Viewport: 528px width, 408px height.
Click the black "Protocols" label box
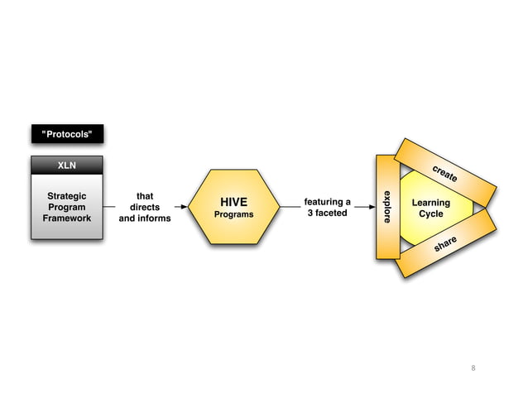coord(67,134)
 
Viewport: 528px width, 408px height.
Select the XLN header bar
coord(67,166)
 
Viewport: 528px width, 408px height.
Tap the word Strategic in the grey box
coord(66,196)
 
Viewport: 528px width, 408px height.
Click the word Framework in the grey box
coord(66,218)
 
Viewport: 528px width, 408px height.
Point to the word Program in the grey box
coord(66,207)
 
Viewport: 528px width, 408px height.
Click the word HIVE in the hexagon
coord(233,202)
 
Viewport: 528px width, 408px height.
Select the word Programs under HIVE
coord(233,214)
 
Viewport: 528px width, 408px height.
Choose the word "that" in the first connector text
coord(145,197)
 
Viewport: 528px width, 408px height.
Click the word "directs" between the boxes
coord(145,208)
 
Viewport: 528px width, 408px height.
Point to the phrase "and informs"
coord(145,218)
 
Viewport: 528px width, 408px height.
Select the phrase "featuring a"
coord(328,202)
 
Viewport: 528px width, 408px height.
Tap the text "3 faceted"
coord(328,214)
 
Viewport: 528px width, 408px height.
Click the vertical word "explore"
coord(386,206)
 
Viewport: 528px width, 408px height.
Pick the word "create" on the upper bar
coord(445,172)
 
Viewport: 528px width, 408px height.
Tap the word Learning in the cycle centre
coord(431,203)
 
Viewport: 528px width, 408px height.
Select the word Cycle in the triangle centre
coord(431,214)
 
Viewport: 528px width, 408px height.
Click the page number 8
coord(474,367)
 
